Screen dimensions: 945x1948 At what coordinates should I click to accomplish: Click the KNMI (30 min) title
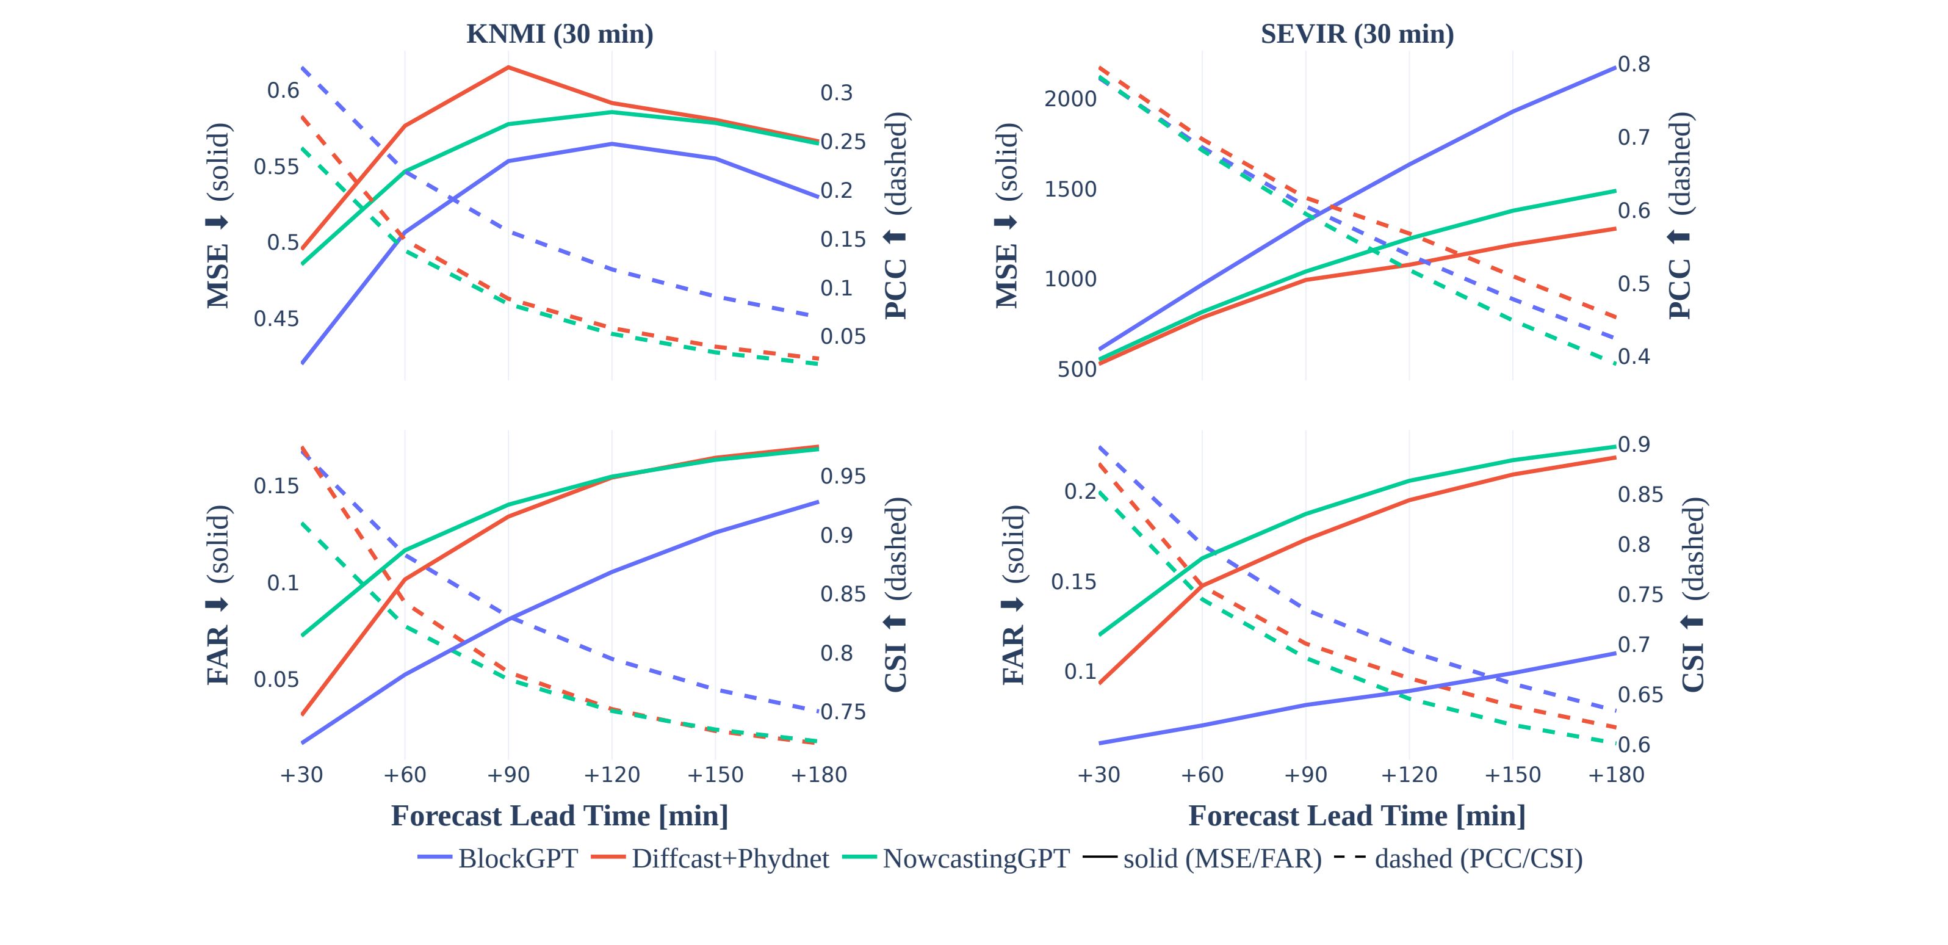click(560, 34)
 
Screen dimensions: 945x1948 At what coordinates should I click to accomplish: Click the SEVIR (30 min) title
click(1357, 34)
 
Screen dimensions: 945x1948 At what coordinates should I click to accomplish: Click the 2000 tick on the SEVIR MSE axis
click(1070, 99)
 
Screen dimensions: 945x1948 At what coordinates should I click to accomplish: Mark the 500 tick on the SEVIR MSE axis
click(1077, 369)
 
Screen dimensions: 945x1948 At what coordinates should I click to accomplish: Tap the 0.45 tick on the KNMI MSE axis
click(276, 319)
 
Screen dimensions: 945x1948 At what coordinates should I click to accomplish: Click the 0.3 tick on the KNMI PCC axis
click(836, 92)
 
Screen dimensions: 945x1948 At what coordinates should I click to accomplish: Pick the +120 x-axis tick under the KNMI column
click(611, 775)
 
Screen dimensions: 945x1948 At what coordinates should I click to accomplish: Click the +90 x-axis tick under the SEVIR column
click(1305, 775)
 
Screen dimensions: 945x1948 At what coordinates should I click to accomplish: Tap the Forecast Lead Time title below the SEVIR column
click(1357, 816)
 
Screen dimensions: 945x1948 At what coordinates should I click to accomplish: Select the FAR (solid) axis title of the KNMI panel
click(218, 595)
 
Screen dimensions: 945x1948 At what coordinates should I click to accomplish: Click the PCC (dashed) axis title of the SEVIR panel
click(1679, 215)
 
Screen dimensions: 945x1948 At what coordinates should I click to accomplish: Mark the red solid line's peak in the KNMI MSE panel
click(508, 67)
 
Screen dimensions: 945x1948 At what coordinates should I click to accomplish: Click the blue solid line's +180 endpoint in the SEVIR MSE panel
click(1615, 67)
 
